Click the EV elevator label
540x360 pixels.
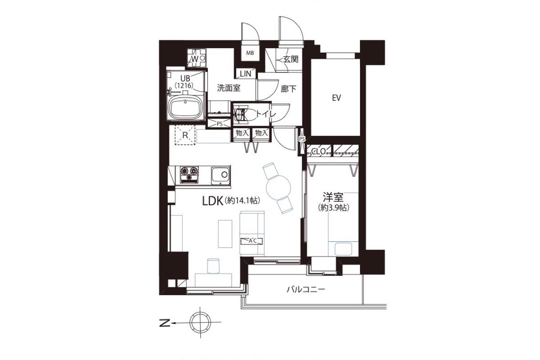(336, 98)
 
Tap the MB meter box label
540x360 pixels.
(250, 53)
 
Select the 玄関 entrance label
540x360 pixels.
(291, 59)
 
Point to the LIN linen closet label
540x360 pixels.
(246, 74)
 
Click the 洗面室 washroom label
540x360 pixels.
(229, 88)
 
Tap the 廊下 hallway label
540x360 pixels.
(288, 89)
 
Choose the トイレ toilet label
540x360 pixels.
(265, 114)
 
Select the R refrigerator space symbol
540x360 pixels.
(185, 135)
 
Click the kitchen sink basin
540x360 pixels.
(220, 175)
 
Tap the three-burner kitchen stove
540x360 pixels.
(189, 175)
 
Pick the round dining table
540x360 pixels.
(279, 188)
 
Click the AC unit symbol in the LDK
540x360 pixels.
(252, 241)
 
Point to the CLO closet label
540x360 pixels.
(319, 152)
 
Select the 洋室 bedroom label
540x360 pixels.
(333, 197)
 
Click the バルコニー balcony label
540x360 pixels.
(306, 289)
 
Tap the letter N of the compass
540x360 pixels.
(165, 323)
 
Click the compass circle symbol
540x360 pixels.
(200, 322)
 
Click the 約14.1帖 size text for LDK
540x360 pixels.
(242, 201)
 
